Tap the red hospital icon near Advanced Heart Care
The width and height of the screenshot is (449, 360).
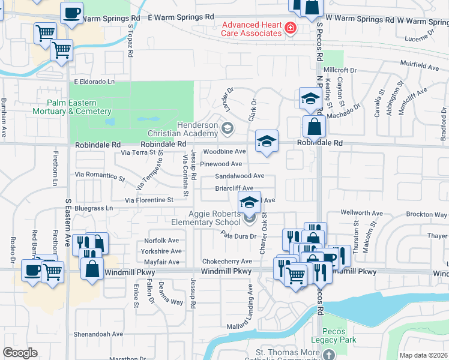click(x=291, y=28)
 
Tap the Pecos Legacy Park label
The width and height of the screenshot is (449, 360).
click(x=339, y=335)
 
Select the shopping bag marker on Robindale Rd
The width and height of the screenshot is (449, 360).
click(x=314, y=127)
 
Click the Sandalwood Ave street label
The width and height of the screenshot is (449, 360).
click(x=240, y=176)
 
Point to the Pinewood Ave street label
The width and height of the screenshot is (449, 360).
click(x=221, y=164)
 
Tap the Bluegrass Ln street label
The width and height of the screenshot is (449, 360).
click(x=93, y=208)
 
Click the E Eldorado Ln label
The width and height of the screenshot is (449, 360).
click(x=94, y=81)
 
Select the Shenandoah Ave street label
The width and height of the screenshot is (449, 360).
click(x=98, y=334)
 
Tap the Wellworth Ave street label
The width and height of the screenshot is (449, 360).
click(x=361, y=213)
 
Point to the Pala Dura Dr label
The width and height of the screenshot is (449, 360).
click(x=238, y=237)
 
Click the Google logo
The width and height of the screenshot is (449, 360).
click(x=20, y=353)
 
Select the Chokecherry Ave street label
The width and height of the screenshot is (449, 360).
click(x=227, y=262)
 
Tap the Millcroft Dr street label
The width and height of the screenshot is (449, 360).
click(x=340, y=70)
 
